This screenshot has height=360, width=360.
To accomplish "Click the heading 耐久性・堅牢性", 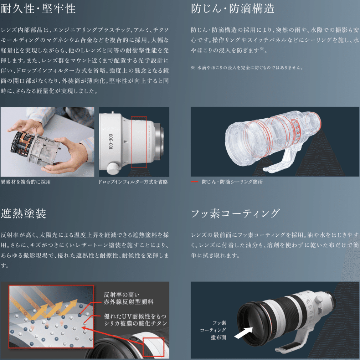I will tap(38, 9).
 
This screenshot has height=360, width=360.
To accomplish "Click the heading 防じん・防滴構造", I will tap(233, 9).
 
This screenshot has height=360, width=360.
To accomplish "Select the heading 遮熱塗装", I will tap(24, 214).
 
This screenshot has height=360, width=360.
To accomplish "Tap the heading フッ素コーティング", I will tap(235, 214).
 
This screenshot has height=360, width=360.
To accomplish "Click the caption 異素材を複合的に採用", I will tap(26, 182).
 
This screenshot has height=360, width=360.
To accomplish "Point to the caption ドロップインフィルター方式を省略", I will tap(133, 182).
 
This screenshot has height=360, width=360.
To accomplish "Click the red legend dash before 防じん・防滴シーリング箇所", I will tap(194, 182).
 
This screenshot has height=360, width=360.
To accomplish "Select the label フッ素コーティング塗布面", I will tap(218, 330).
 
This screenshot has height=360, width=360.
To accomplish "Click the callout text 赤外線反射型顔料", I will tap(128, 302).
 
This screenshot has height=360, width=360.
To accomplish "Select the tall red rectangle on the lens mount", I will tap(139, 142).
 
